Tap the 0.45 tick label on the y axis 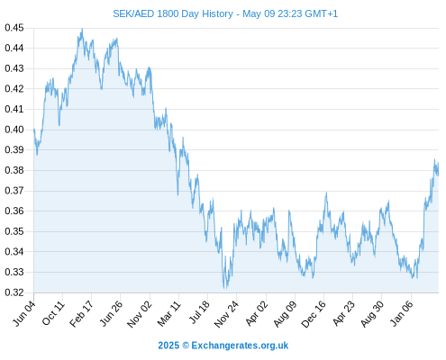(x=14, y=28)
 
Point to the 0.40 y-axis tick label (x=14, y=130)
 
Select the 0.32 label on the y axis (x=14, y=292)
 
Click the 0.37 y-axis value (x=14, y=191)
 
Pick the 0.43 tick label (x=14, y=68)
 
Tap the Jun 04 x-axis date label (x=24, y=313)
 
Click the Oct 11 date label (x=53, y=313)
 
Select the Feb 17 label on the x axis (x=81, y=314)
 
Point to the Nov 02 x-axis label (x=140, y=314)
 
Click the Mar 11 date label (x=169, y=314)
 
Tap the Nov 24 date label (x=226, y=314)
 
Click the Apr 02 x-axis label (x=257, y=314)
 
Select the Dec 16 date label (x=314, y=314)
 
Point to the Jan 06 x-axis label (x=402, y=314)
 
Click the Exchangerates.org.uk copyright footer (x=223, y=346)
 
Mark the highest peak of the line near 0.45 (x=82, y=29)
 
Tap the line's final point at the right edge (x=438, y=175)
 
